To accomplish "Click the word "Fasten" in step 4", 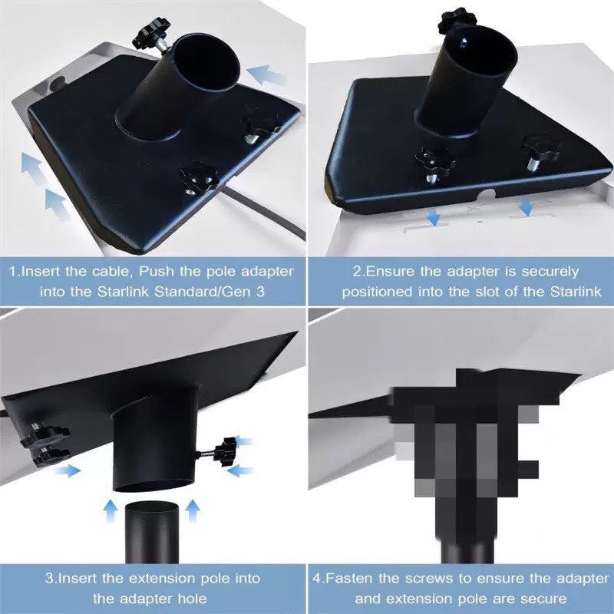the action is click(x=350, y=579).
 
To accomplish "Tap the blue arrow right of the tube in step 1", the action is click(x=267, y=75).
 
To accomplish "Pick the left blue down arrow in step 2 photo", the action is click(x=433, y=217).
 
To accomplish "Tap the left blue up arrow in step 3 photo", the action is click(x=111, y=511).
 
